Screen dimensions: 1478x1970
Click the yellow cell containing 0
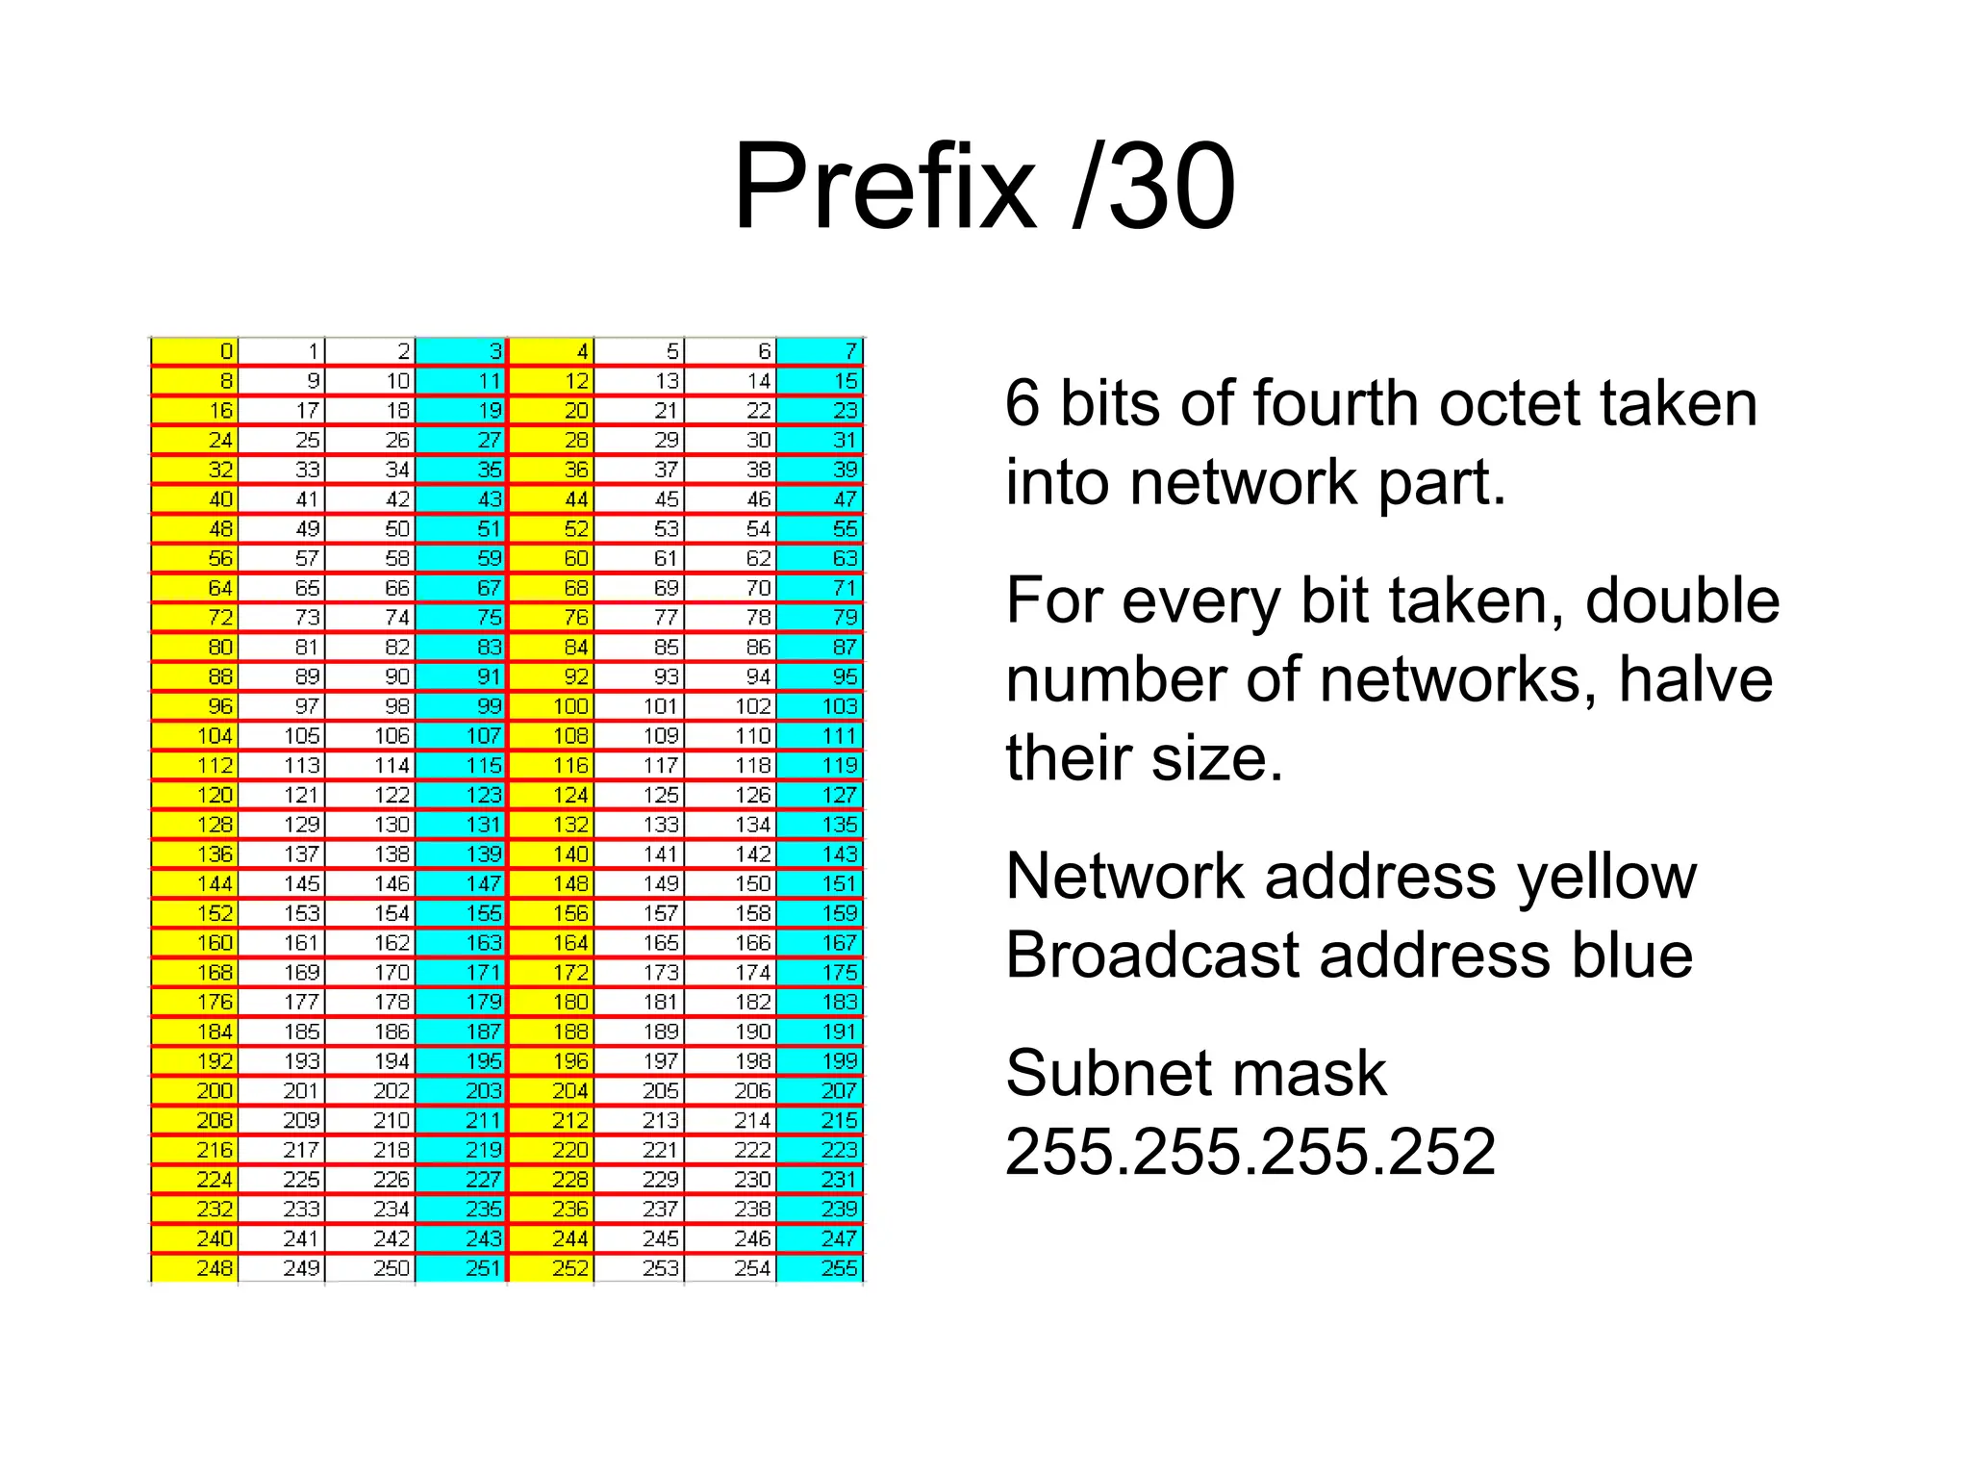195,352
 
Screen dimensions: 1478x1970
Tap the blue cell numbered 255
821,1268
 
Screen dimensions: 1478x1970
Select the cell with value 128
195,825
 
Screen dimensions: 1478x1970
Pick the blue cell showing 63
821,558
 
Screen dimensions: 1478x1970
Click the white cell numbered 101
640,706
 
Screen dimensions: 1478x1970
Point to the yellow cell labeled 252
551,1268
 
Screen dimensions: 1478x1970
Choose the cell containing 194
370,1061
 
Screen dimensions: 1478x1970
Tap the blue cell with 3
462,352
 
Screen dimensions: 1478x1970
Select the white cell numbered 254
731,1268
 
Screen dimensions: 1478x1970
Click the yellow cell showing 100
551,706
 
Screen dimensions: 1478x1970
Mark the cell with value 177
282,1002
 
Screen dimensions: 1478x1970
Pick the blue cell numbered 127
821,795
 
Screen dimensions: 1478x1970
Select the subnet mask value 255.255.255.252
1250,1151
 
